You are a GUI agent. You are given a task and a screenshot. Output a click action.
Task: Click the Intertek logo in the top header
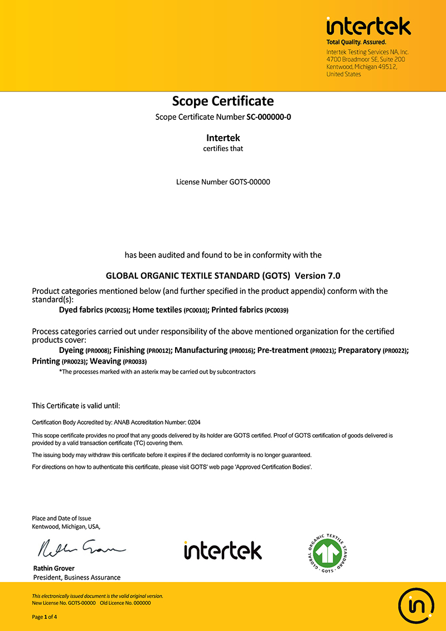pos(369,26)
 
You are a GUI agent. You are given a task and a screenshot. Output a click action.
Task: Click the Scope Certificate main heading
pos(223,101)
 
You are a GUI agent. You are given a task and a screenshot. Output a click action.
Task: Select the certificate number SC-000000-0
pos(269,118)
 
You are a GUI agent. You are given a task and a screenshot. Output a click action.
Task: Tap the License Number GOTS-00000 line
pos(223,182)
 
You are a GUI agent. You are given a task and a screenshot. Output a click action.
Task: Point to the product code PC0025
pos(117,310)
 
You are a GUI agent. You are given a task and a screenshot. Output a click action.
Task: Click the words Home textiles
pos(157,309)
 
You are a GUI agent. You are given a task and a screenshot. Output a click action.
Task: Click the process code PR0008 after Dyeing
pos(98,351)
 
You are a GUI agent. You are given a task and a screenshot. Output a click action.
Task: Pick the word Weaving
pos(105,361)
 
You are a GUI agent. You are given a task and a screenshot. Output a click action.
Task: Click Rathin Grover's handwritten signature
pos(81,549)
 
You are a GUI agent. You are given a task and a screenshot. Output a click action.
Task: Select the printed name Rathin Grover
pos(54,569)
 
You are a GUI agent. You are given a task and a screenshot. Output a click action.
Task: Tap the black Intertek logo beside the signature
pos(222,550)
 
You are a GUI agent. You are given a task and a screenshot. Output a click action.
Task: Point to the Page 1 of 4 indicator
pos(45,617)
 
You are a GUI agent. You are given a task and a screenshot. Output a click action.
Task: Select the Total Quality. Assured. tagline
pos(356,42)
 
